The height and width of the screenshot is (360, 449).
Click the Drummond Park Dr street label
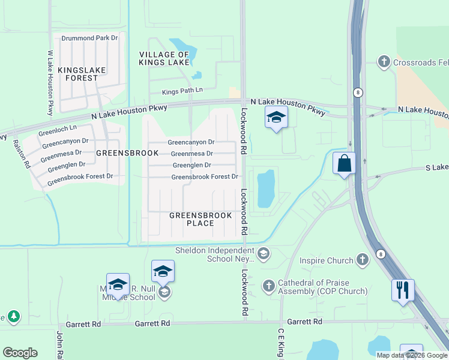click(x=90, y=38)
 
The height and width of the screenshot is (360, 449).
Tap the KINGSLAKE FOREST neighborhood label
click(x=82, y=74)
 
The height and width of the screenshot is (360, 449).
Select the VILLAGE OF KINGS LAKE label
click(x=164, y=58)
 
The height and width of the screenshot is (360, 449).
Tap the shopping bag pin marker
click(x=345, y=163)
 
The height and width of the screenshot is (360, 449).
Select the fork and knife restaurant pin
click(x=403, y=290)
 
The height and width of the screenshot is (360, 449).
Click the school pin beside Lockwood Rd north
click(x=276, y=118)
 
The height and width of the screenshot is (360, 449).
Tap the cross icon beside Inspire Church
click(x=362, y=260)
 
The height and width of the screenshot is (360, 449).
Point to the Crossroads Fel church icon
click(x=384, y=61)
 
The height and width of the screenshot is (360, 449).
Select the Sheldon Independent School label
click(x=214, y=254)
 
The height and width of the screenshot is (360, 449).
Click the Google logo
click(x=20, y=353)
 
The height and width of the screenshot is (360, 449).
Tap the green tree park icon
click(x=13, y=316)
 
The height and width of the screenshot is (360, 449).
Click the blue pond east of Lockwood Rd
click(x=265, y=188)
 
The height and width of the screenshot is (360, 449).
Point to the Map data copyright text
click(x=412, y=355)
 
